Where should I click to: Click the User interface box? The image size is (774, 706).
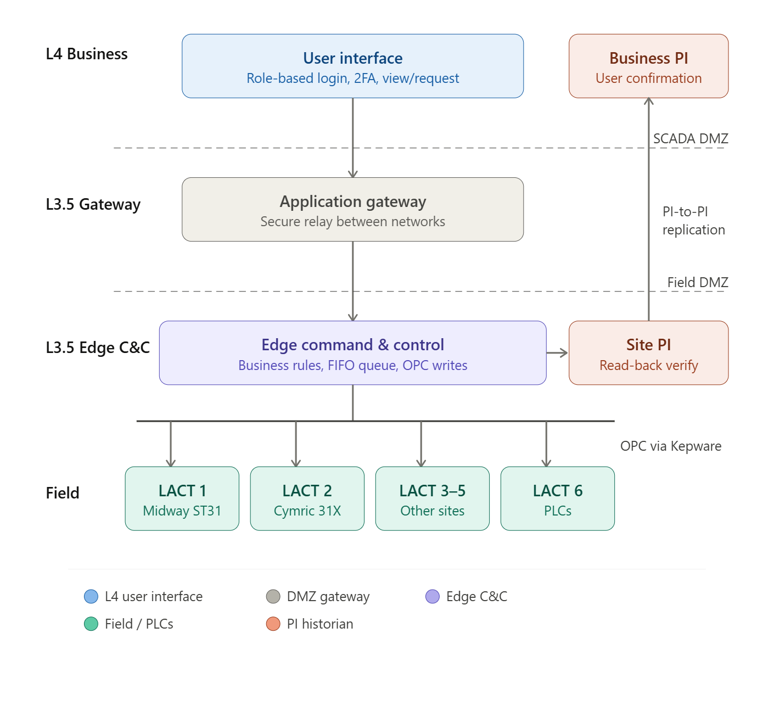tap(352, 66)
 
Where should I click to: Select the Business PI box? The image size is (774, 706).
tap(648, 66)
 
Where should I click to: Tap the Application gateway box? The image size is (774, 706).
tap(352, 210)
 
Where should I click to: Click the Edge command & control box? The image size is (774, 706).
tap(352, 353)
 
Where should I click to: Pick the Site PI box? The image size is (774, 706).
tap(648, 353)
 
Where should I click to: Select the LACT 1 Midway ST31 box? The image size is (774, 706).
tap(182, 498)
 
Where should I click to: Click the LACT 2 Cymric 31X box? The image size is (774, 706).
tap(307, 498)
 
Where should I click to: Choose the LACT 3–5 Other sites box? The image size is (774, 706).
tap(432, 498)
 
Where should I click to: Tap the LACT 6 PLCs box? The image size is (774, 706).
tap(557, 498)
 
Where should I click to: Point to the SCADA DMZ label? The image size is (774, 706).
tap(690, 139)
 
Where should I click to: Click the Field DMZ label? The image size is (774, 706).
tap(697, 283)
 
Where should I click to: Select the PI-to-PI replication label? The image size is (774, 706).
tap(693, 221)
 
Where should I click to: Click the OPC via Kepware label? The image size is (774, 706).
tap(670, 446)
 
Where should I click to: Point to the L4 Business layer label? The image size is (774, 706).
tap(87, 54)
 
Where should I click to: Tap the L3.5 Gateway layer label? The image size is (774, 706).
tap(93, 205)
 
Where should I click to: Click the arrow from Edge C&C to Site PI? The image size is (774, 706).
tap(557, 353)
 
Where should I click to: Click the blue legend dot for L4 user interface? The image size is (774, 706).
tap(91, 597)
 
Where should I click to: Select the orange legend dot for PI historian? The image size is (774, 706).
tap(273, 624)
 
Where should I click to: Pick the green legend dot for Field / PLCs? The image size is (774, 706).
tap(91, 624)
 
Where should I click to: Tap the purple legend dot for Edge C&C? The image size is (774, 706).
tap(433, 597)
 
